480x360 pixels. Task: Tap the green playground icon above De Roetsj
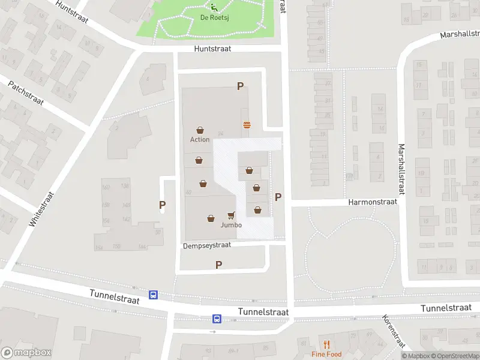point(214,7)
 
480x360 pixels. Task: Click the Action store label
point(200,139)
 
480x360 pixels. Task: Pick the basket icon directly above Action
point(200,130)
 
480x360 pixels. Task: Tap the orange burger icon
point(247,125)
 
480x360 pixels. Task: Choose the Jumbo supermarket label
point(231,225)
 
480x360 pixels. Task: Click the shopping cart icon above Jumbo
point(231,215)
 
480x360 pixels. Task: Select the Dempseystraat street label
point(207,246)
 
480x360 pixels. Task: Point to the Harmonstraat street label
point(373,202)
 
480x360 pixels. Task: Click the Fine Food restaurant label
point(326,354)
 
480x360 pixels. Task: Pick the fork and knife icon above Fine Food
point(326,344)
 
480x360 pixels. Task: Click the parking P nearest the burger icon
point(240,86)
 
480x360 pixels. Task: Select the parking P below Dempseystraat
point(218,265)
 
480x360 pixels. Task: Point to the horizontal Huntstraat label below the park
point(212,49)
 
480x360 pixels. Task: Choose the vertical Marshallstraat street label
point(401,169)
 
